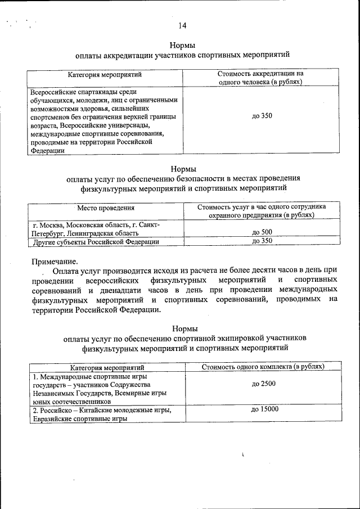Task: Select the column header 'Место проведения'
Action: coord(106,209)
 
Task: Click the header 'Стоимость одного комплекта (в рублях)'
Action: coord(263,367)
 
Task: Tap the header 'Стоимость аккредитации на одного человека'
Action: coord(261,78)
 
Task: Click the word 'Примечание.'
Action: coord(55,261)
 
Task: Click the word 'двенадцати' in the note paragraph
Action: coord(123,290)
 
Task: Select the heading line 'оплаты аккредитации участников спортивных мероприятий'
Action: coord(182,56)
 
